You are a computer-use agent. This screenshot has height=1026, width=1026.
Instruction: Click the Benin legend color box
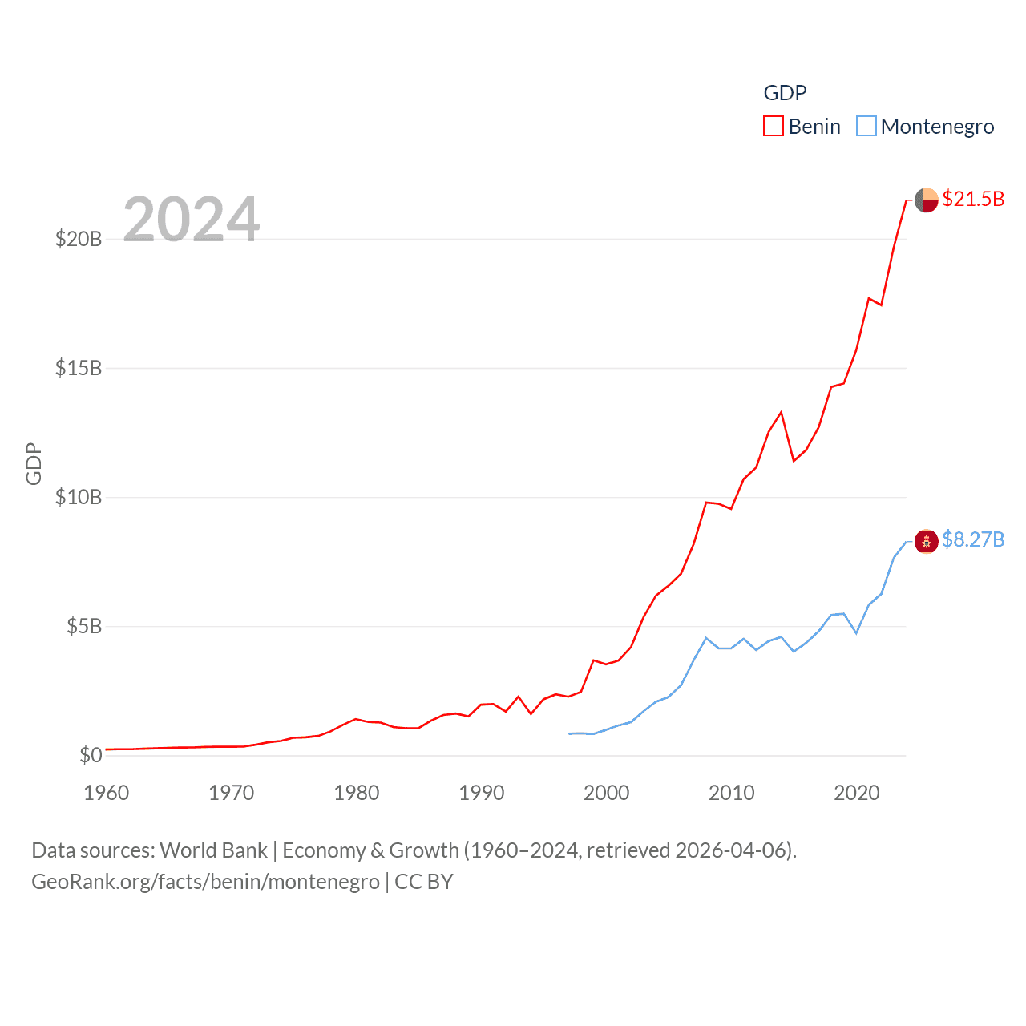pos(773,127)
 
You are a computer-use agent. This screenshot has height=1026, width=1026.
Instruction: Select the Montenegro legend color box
pos(866,127)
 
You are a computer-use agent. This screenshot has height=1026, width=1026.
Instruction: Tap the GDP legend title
pos(785,93)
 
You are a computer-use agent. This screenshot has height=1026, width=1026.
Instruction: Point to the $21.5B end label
pos(973,199)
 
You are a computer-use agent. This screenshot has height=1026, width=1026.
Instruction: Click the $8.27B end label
pos(973,539)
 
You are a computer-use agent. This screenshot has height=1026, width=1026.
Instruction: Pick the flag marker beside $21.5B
pos(927,200)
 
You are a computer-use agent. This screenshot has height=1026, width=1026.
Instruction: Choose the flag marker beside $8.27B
pos(927,542)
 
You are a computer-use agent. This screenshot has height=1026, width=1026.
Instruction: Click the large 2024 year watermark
pos(191,219)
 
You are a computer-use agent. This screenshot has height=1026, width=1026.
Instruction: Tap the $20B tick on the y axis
pos(79,239)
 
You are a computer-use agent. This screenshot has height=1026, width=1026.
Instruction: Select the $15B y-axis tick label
pos(79,368)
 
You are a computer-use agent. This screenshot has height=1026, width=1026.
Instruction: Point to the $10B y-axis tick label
pos(79,497)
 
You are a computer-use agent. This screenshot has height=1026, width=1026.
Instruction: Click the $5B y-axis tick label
pos(84,626)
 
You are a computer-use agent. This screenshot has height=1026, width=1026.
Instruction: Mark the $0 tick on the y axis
pos(91,755)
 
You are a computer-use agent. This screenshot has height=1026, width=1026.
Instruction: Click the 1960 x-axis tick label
pos(107,793)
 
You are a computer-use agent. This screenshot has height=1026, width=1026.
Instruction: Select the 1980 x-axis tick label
pos(357,793)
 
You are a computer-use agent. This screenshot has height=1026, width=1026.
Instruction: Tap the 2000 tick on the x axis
pos(607,793)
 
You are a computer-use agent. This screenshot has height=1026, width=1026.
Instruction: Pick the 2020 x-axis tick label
pos(857,793)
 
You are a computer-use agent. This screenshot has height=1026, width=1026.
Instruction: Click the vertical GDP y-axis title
pos(34,463)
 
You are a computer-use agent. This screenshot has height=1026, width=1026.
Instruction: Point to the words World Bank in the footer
pos(213,850)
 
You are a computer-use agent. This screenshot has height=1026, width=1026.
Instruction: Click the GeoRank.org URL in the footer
pos(205,882)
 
